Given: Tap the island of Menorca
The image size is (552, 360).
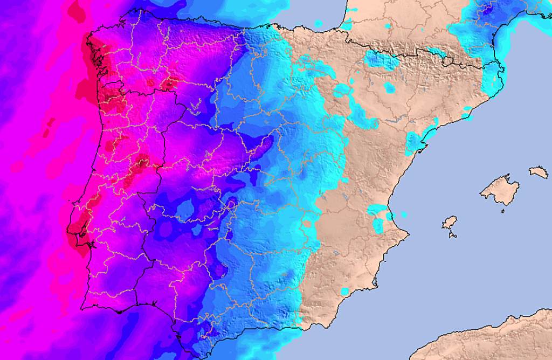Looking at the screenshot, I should click(539, 172).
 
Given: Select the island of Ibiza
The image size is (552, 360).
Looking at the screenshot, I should click(450, 222).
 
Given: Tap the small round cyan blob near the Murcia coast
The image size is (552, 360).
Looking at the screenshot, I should click(344, 291).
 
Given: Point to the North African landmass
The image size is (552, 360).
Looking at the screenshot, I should click(485, 340).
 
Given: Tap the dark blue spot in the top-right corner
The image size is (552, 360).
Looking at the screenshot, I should click(488, 8).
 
